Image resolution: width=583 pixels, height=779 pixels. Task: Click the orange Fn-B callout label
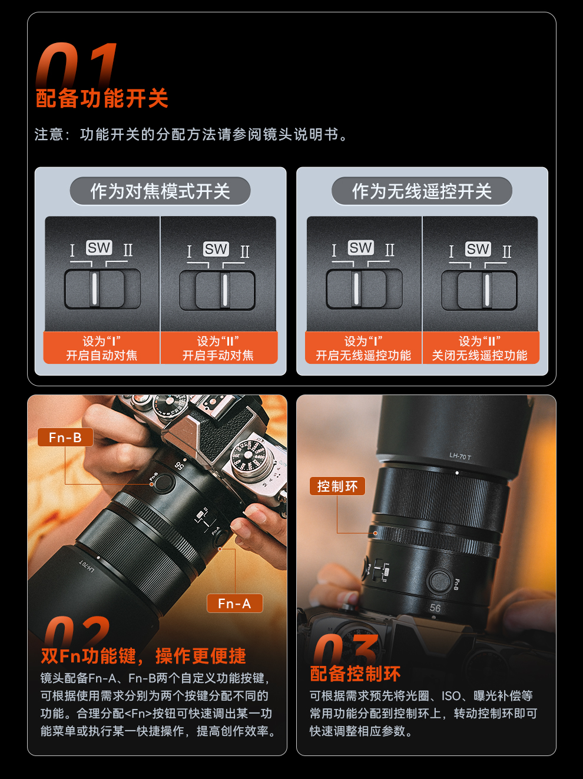[65, 437]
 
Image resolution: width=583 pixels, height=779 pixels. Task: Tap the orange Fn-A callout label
[234, 604]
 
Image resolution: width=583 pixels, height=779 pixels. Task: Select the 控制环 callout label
[337, 486]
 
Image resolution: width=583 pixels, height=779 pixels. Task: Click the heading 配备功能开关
[102, 98]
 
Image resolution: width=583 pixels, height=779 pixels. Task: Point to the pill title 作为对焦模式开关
[160, 191]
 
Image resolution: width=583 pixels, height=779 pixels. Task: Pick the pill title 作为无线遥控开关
[422, 191]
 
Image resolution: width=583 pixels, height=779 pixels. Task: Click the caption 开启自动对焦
[101, 355]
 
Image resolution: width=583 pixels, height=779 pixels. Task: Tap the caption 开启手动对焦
[218, 355]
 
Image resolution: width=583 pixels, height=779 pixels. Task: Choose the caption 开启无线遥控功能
[363, 355]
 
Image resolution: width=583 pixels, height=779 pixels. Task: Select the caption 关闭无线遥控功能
[479, 355]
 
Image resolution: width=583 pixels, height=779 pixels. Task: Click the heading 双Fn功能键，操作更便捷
[143, 656]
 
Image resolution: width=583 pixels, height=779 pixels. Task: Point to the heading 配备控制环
[355, 674]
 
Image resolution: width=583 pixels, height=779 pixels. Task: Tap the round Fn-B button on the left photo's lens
[164, 483]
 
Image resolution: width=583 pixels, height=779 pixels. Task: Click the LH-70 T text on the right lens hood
[461, 456]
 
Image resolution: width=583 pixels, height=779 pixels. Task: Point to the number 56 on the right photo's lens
[435, 608]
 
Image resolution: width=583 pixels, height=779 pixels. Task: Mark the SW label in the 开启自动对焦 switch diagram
[99, 247]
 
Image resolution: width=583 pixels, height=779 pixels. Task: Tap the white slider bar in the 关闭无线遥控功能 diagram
[487, 290]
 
